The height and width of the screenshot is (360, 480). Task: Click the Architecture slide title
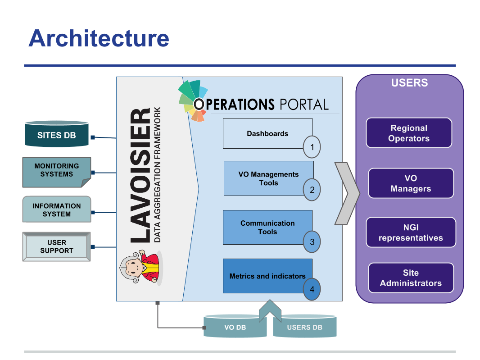click(99, 38)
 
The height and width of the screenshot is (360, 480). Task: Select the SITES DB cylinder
click(57, 134)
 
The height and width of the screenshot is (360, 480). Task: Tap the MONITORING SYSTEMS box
click(57, 172)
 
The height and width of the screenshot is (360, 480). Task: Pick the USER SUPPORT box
click(57, 246)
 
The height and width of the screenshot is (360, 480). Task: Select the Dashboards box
click(267, 133)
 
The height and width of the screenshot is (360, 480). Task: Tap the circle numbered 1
click(312, 147)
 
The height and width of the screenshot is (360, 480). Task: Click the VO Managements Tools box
click(268, 178)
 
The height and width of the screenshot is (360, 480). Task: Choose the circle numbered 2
click(312, 190)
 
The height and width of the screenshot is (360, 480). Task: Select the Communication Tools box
click(267, 228)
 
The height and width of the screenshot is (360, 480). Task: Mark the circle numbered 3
click(312, 242)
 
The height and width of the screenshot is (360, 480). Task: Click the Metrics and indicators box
click(267, 276)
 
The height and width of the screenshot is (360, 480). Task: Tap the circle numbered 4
click(312, 289)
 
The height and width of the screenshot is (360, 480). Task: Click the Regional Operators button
click(409, 133)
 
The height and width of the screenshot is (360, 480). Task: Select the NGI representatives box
click(411, 232)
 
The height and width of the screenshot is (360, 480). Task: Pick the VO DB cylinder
click(235, 326)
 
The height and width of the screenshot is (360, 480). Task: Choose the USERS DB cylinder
click(305, 326)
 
